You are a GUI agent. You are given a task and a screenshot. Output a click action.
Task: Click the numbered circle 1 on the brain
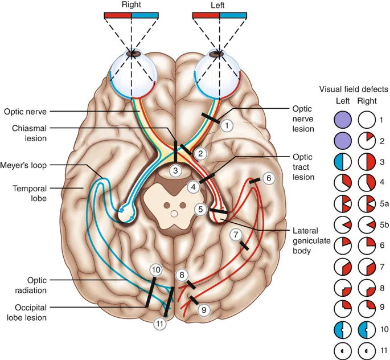tap(227, 124)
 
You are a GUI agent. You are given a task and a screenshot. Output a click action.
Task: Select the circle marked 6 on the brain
tap(269, 178)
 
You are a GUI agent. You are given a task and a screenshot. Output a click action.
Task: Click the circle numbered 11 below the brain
tap(162, 324)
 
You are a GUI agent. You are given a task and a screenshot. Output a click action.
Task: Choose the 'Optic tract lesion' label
tap(303, 166)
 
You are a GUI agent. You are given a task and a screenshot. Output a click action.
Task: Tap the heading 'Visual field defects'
tap(354, 89)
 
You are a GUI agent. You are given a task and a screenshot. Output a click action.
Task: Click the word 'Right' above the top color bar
tap(132, 5)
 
